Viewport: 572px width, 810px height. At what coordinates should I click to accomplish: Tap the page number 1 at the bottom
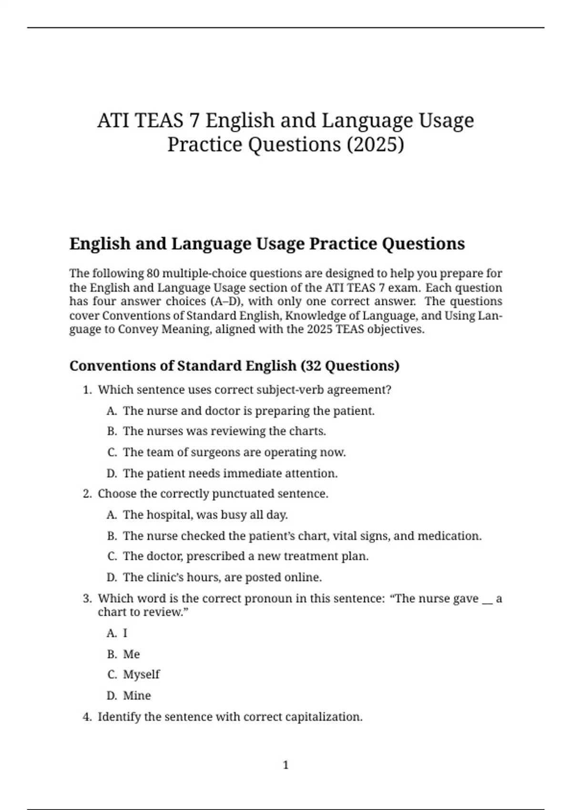pyautogui.click(x=286, y=765)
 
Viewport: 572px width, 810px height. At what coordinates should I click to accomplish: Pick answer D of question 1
pyautogui.click(x=230, y=474)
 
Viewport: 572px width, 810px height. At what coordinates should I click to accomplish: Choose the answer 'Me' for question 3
pyautogui.click(x=131, y=654)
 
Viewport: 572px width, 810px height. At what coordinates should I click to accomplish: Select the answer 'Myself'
pyautogui.click(x=141, y=675)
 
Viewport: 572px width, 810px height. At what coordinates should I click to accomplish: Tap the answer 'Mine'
pyautogui.click(x=137, y=696)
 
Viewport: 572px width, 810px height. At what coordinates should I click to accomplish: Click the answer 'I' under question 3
pyautogui.click(x=125, y=633)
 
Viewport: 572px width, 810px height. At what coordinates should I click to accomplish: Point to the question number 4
pyautogui.click(x=87, y=717)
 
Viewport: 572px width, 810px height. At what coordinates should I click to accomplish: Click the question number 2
pyautogui.click(x=87, y=494)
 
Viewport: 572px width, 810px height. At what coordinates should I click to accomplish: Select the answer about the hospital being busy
pyautogui.click(x=205, y=515)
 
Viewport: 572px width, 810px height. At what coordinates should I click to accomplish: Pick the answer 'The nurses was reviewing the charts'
pyautogui.click(x=224, y=431)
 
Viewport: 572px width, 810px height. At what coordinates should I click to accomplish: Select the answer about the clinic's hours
pyautogui.click(x=222, y=577)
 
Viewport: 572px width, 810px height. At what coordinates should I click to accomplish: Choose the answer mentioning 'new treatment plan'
pyautogui.click(x=245, y=557)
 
